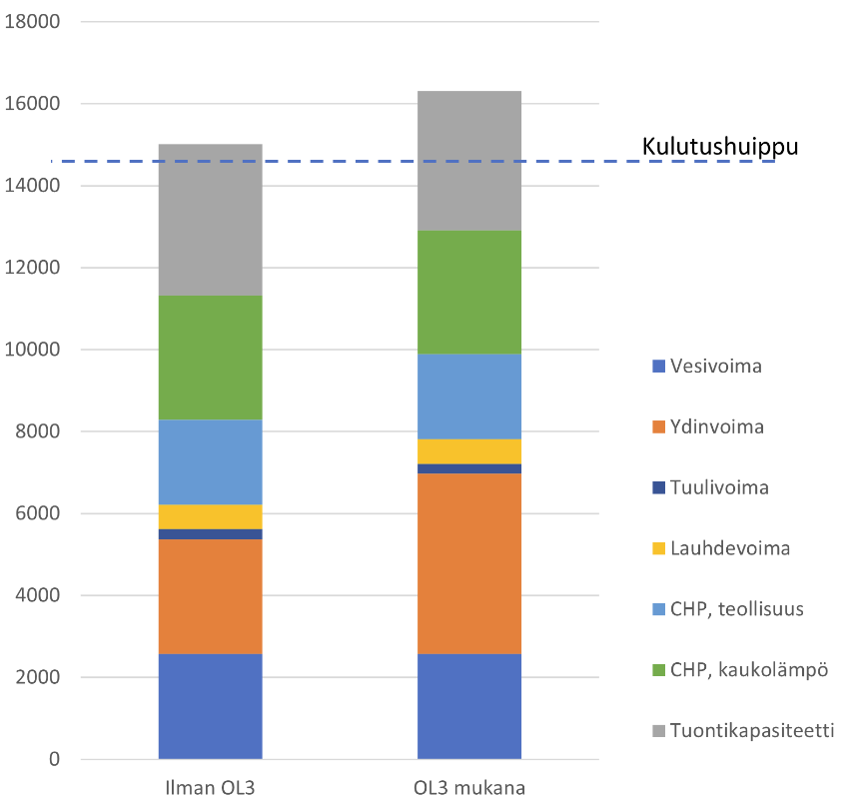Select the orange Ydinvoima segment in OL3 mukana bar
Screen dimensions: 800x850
[x=468, y=563]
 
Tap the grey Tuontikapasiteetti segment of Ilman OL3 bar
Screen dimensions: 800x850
[x=210, y=220]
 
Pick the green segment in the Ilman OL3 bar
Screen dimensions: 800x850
[x=210, y=358]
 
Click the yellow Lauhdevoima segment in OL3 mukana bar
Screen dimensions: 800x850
[x=468, y=451]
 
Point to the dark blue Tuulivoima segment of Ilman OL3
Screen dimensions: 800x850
[x=210, y=534]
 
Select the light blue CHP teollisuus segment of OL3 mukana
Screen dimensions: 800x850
[x=468, y=397]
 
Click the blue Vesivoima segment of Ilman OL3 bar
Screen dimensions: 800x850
[x=210, y=706]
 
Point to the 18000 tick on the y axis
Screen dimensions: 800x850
[x=33, y=22]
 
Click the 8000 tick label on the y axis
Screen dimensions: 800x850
[x=38, y=431]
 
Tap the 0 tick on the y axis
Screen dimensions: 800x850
[x=54, y=760]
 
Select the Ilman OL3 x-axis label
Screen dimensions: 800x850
[x=210, y=787]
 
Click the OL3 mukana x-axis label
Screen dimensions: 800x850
[x=468, y=787]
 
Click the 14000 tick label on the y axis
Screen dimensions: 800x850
[x=33, y=186]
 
